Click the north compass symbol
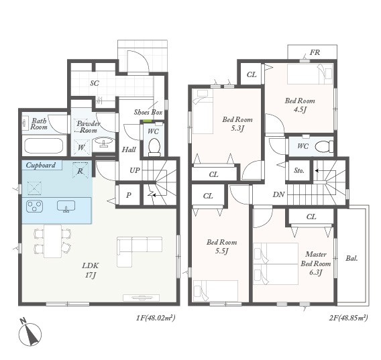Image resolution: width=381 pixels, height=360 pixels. pyautogui.click(x=30, y=333)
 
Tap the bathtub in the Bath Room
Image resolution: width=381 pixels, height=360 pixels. pyautogui.click(x=44, y=145)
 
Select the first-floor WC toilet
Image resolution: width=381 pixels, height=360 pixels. pyautogui.click(x=154, y=147)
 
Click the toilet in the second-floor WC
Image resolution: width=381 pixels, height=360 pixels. pyautogui.click(x=325, y=146)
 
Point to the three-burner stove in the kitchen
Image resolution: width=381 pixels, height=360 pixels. pyautogui.click(x=34, y=206)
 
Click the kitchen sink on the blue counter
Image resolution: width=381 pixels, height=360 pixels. pyautogui.click(x=66, y=206)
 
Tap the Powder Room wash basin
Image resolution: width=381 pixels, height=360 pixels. pyautogui.click(x=105, y=141)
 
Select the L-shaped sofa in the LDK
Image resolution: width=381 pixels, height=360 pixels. pyautogui.click(x=140, y=252)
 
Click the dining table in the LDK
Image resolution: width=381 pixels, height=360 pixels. pyautogui.click(x=52, y=241)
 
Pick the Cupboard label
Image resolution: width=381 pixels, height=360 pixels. pyautogui.click(x=40, y=165)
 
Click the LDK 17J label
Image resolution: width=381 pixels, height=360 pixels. pyautogui.click(x=90, y=270)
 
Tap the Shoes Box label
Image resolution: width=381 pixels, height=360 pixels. pyautogui.click(x=148, y=112)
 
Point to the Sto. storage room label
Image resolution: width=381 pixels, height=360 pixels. pyautogui.click(x=299, y=170)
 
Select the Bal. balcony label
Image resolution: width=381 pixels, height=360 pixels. pyautogui.click(x=351, y=258)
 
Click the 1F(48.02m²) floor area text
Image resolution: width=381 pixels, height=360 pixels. pyautogui.click(x=156, y=318)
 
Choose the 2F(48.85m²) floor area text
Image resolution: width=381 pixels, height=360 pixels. pyautogui.click(x=348, y=318)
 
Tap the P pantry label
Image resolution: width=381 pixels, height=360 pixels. pyautogui.click(x=129, y=195)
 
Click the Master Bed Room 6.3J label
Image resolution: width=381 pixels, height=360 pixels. pyautogui.click(x=316, y=263)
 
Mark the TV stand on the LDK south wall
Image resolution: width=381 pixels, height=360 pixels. pyautogui.click(x=141, y=298)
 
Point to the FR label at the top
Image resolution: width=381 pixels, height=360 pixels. pyautogui.click(x=315, y=52)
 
